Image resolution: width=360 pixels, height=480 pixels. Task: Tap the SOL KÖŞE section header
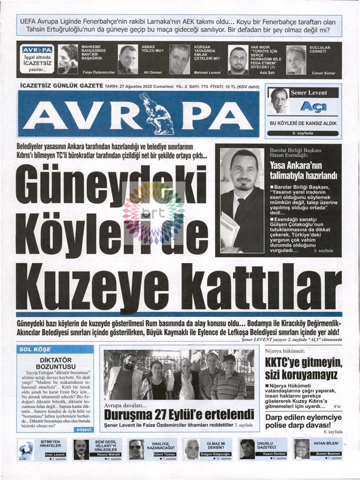pos(33,349)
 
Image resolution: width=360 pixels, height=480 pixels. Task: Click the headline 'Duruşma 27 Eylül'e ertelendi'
pos(179,414)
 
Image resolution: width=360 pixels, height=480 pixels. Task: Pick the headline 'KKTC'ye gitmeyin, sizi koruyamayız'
pos(303,368)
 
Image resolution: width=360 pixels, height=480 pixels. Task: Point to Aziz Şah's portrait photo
pos(238,60)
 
